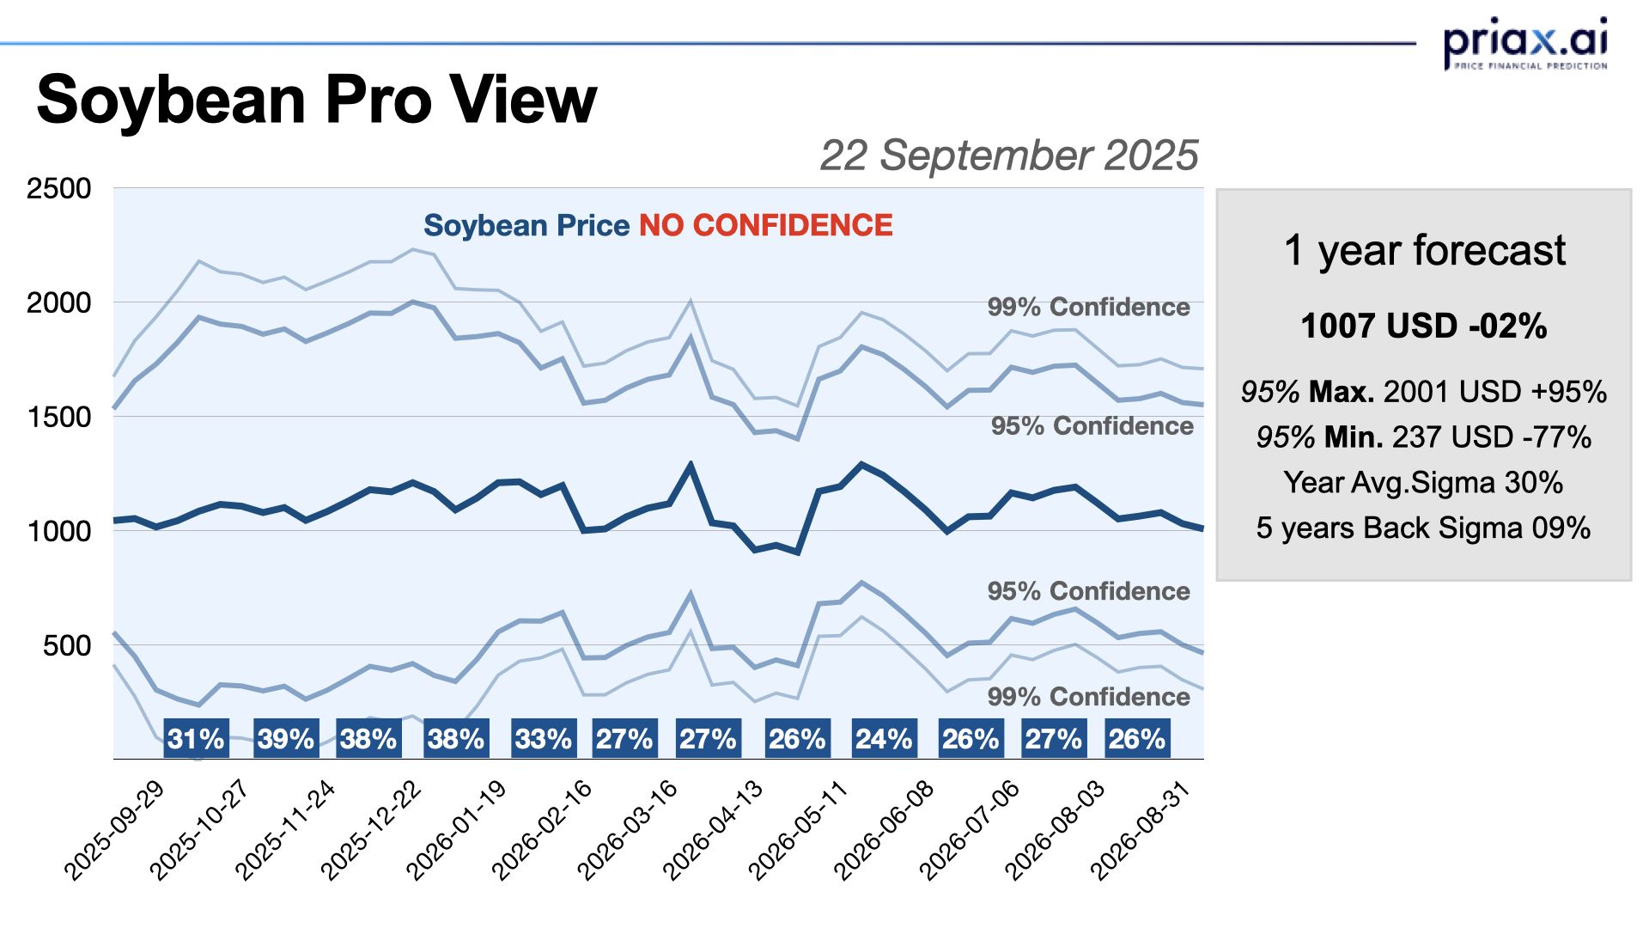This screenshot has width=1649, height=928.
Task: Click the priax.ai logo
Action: point(1524,43)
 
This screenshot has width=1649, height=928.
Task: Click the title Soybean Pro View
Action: point(316,100)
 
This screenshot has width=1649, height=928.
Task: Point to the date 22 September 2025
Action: point(1008,156)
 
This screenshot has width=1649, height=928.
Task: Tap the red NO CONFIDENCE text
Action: point(765,225)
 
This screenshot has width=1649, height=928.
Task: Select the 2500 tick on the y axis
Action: point(58,188)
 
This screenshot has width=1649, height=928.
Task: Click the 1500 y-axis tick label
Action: point(58,417)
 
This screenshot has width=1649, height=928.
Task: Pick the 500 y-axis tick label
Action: point(67,645)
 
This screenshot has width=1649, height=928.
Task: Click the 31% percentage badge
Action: point(196,739)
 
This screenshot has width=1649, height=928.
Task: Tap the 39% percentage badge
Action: point(286,739)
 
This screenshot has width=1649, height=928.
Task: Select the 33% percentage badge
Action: point(543,739)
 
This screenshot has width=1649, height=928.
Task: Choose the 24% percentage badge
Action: point(884,739)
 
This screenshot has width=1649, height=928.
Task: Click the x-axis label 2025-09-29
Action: point(115,831)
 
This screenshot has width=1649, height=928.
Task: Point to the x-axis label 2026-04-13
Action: point(714,831)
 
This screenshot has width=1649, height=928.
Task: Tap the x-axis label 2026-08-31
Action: point(1141,831)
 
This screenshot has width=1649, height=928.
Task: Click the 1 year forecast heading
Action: point(1424,251)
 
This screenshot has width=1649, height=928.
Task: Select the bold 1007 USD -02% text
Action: point(1424,327)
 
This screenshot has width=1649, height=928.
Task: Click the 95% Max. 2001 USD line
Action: point(1424,392)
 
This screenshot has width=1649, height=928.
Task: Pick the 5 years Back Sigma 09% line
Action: point(1424,528)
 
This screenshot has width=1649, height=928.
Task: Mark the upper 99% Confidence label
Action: point(1088,307)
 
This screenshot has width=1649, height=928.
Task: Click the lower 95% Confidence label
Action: point(1088,591)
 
